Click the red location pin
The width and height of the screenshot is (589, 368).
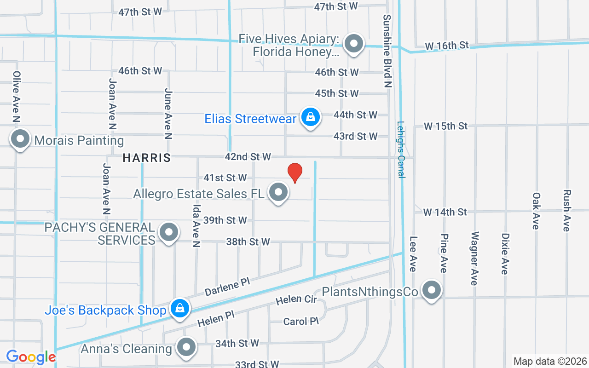(294, 172)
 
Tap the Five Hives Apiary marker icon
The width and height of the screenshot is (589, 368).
(354, 44)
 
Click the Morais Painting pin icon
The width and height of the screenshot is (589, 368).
(20, 139)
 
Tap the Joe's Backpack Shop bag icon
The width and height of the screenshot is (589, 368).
(180, 309)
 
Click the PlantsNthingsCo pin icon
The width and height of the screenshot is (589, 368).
(431, 290)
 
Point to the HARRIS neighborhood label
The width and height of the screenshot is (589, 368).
(147, 158)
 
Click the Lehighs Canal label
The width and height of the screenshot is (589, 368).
(401, 149)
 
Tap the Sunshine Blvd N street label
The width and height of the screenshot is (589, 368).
(387, 51)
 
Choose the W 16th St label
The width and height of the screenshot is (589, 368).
(447, 45)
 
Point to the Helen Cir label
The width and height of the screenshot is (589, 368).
(296, 300)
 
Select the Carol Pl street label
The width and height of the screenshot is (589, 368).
(301, 321)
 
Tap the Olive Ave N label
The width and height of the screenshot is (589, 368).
(17, 97)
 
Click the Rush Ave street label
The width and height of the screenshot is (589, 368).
(567, 210)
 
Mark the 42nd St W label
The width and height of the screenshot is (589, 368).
(248, 157)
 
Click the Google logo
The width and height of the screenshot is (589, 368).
(31, 356)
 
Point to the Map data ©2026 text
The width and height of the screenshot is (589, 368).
(550, 361)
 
